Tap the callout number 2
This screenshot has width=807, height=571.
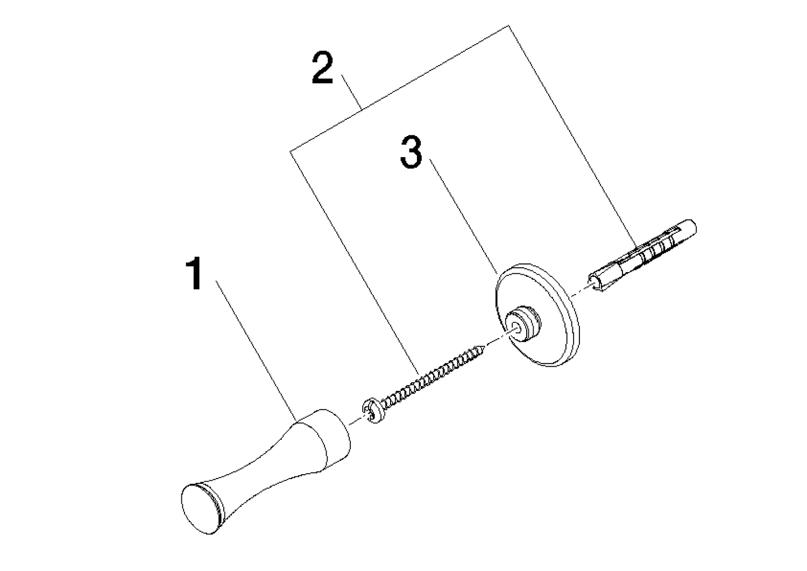pos(322,68)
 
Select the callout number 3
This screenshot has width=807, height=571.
pos(411,152)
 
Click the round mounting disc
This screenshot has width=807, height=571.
pos(537,316)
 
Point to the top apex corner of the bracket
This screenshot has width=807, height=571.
pos(508,25)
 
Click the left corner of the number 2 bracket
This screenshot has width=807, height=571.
pos(290,151)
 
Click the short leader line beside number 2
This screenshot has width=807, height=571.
pos(352,92)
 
